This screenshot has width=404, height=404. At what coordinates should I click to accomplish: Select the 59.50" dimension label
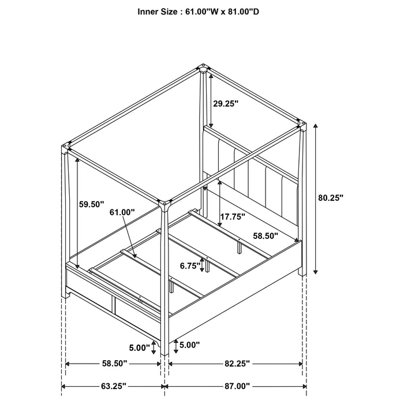(91, 204)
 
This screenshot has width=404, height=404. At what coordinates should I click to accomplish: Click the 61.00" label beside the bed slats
(121, 212)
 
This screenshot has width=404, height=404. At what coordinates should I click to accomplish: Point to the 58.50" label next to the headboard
(266, 235)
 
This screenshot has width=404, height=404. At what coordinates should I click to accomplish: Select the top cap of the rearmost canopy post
(203, 67)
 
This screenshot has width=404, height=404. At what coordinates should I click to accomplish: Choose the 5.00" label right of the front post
(189, 345)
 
